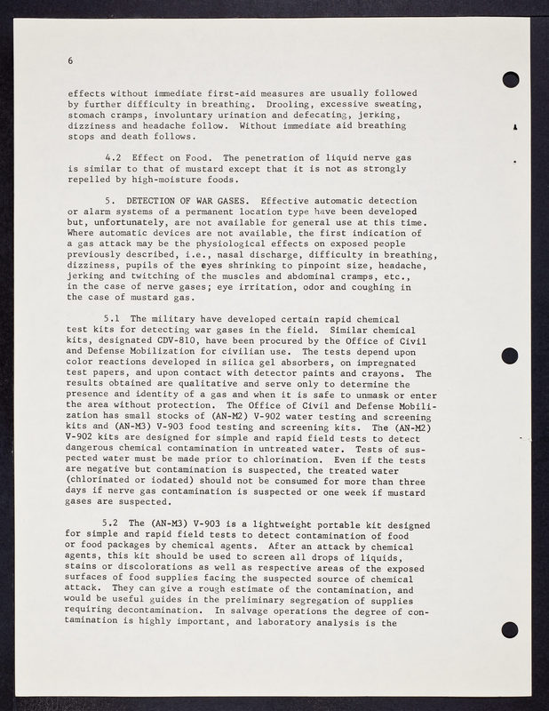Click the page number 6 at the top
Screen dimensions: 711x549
pyautogui.click(x=69, y=60)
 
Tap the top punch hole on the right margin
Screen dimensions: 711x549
pyautogui.click(x=510, y=80)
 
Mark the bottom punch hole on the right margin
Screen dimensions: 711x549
pyautogui.click(x=510, y=629)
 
